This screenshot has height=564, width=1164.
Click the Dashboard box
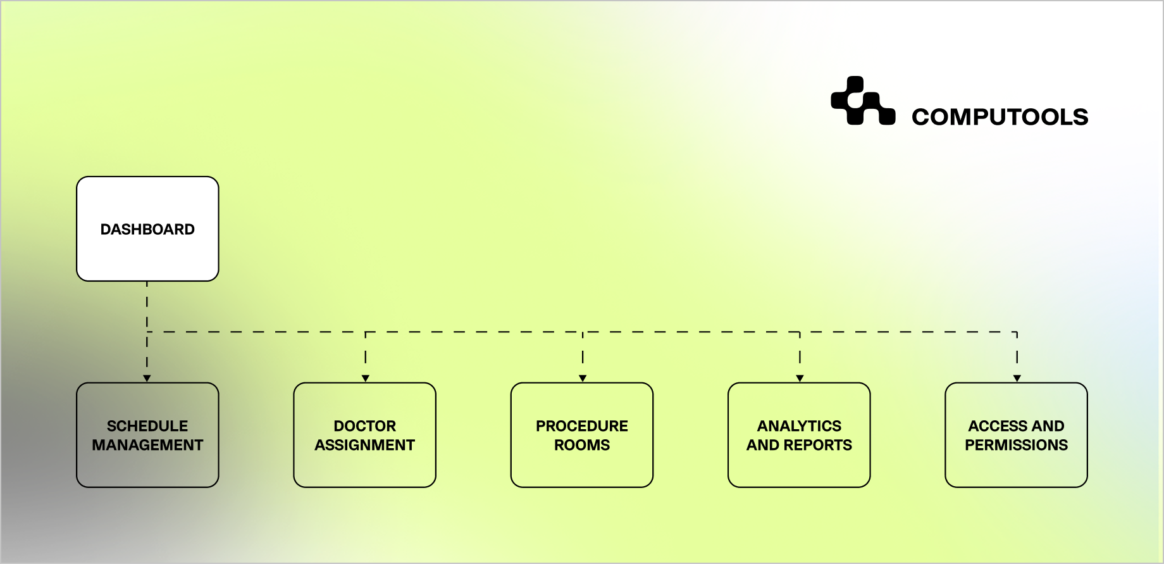point(147,229)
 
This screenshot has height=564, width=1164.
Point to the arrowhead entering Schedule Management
point(147,379)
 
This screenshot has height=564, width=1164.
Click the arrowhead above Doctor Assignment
point(366,379)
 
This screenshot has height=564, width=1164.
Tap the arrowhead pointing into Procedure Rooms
point(583,379)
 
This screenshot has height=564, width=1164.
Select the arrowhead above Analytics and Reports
point(800,379)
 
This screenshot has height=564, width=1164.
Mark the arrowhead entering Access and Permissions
point(1017,379)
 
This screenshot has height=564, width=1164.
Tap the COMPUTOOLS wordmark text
point(1000,117)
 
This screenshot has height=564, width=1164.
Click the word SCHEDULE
point(147,426)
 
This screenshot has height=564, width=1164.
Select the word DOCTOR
point(364,426)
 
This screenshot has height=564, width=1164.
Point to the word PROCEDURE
point(582,426)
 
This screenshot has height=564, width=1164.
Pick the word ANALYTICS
point(799,426)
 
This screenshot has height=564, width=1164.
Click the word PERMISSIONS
point(1016,445)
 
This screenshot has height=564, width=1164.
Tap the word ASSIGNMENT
point(364,445)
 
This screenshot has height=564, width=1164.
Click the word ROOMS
point(582,445)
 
